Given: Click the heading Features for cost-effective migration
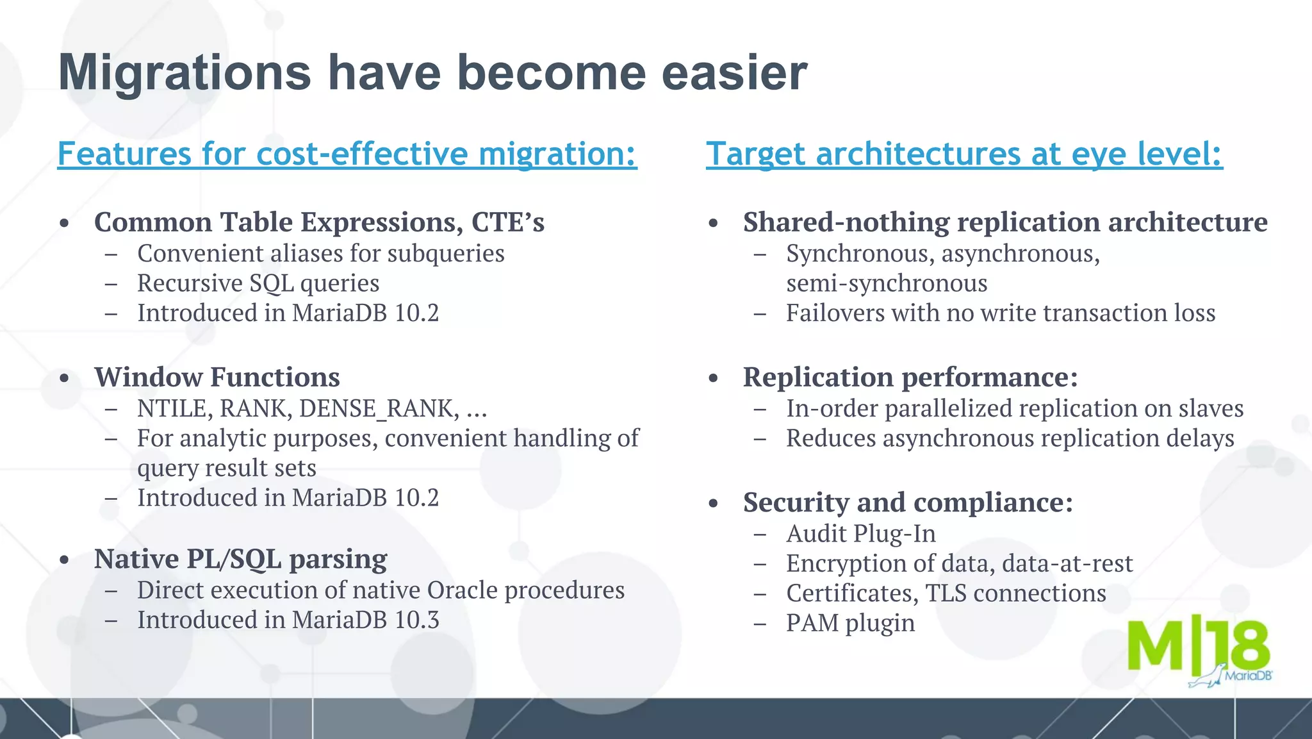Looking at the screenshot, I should pos(347,154).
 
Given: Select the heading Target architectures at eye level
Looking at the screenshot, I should pos(963,154).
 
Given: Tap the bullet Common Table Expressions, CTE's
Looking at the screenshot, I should pos(318,222).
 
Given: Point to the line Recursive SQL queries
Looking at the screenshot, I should pos(258,283).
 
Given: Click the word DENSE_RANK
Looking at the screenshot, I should pos(379,409).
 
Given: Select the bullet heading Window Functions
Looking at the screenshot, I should pos(217,377).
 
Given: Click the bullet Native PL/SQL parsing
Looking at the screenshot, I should pos(240,559).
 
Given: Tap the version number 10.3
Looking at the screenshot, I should pos(417,620).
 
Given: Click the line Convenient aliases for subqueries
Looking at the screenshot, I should pos(320,254).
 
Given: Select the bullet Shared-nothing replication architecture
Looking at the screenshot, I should pos(1004,222).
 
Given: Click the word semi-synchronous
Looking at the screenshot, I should pos(887,283).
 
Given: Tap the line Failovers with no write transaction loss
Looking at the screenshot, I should pos(1000,313).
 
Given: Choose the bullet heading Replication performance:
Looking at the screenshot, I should pos(910,377).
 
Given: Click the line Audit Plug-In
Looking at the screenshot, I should pos(860,534).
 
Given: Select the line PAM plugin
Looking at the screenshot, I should pos(850,623).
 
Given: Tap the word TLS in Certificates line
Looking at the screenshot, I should pos(946,594).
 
